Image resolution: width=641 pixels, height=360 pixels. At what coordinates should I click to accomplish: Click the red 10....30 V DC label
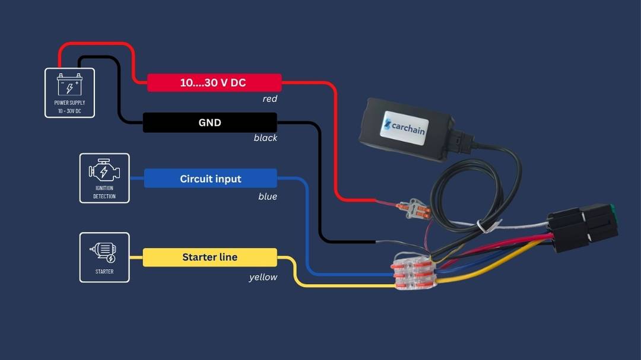point(214,82)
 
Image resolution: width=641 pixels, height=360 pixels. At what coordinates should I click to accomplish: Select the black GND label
point(210,123)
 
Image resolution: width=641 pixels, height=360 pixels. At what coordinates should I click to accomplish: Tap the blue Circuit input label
point(211,179)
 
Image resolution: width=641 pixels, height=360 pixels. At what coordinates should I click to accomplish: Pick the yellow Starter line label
point(210,257)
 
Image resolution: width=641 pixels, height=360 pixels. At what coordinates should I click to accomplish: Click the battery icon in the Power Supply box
point(69,85)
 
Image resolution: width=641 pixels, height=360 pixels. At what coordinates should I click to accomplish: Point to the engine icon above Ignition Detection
point(104,171)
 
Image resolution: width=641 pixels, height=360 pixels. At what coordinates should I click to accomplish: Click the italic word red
point(270,99)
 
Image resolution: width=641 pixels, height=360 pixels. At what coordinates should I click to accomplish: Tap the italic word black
point(265,138)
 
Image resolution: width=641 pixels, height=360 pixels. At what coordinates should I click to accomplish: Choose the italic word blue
point(268,196)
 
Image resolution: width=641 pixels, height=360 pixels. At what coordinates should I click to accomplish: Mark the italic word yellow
point(264,277)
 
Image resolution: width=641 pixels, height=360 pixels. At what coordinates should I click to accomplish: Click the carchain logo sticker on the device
point(405,128)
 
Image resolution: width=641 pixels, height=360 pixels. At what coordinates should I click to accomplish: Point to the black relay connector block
point(583,227)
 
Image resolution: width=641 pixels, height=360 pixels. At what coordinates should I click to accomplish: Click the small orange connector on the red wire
point(414,209)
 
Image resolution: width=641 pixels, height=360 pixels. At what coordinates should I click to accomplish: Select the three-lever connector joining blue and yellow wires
point(413,271)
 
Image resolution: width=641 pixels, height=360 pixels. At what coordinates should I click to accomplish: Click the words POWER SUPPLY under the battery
point(69,103)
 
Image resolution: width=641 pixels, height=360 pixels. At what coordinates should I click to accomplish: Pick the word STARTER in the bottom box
point(104,271)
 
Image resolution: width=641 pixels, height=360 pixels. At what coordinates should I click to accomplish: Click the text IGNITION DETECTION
point(104,192)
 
